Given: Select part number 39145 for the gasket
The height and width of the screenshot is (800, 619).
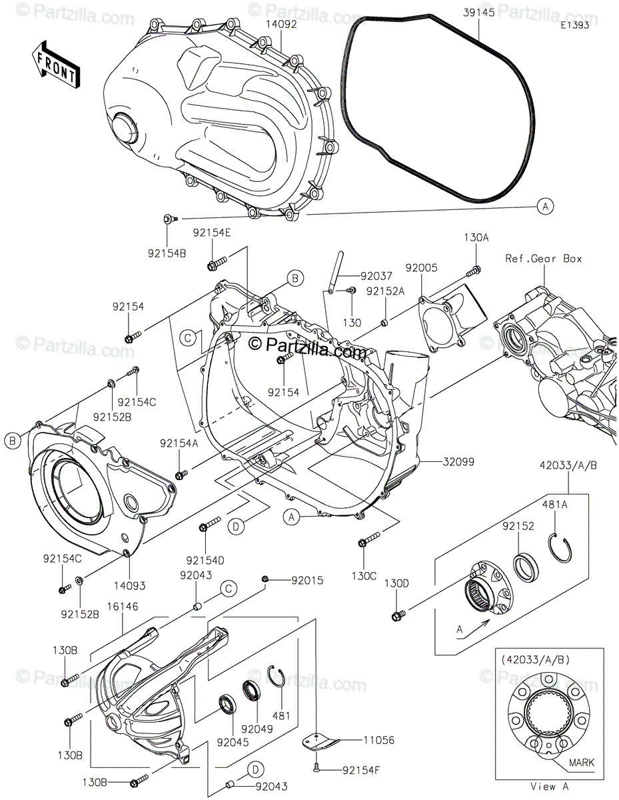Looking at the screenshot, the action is click(x=478, y=13).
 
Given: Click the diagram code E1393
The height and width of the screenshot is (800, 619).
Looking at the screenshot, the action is click(x=575, y=25).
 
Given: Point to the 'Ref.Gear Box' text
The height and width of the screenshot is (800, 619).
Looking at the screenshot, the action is click(x=543, y=259).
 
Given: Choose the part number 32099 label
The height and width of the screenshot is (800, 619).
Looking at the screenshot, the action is click(x=458, y=461).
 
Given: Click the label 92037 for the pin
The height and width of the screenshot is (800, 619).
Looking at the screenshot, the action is click(x=376, y=276).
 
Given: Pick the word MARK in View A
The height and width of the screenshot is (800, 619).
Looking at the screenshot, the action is click(x=581, y=762).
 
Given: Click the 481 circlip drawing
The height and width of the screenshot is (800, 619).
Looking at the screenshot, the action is click(x=277, y=676).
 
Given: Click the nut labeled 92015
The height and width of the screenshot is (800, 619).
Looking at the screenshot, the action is click(x=265, y=579).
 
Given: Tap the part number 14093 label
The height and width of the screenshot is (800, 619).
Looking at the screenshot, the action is click(x=130, y=586).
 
